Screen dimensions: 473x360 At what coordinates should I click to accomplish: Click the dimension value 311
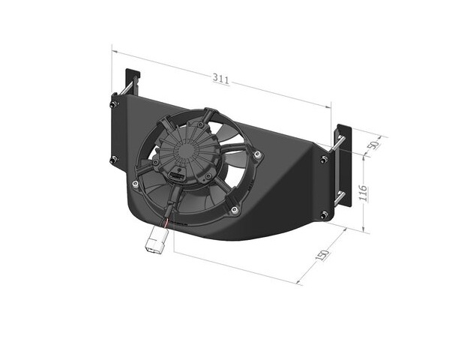coord(221,79)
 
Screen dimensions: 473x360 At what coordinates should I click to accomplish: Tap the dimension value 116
coord(363,193)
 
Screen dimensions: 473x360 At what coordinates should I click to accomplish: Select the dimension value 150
coord(322,255)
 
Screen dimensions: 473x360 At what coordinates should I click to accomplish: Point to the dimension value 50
coord(374,145)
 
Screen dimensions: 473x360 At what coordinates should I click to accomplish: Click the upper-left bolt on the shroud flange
coord(114,105)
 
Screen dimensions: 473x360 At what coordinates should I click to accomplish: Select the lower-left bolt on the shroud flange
coord(114,160)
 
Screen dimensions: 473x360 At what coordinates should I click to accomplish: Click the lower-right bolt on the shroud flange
coord(325,215)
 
